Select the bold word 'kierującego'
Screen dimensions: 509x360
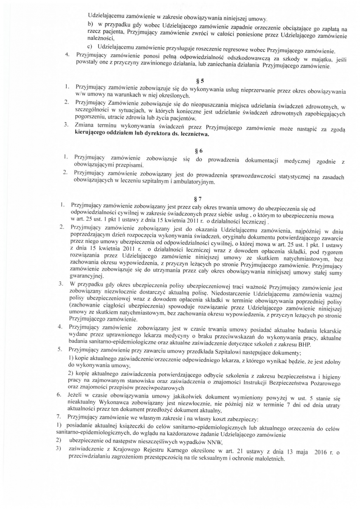[x=92, y=135]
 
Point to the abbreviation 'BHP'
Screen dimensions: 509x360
[x=303, y=345]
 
